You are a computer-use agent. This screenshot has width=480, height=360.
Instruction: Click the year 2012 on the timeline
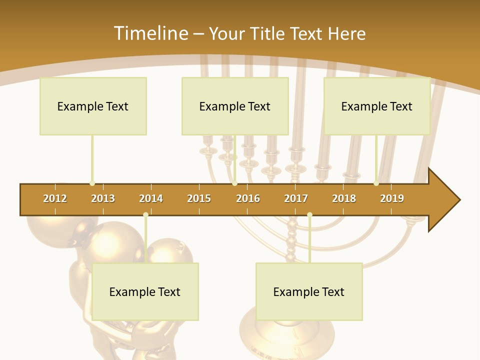tap(55, 198)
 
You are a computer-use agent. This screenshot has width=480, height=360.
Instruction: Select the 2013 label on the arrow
tap(103, 198)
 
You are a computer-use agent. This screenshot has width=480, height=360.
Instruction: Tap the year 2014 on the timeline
tap(151, 198)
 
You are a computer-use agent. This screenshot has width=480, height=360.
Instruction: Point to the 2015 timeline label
tap(199, 198)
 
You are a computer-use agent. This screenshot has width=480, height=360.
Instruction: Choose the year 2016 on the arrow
tap(248, 198)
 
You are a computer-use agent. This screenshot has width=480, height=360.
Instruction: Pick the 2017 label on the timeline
tap(296, 198)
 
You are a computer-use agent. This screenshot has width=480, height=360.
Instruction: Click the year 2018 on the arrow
tap(344, 198)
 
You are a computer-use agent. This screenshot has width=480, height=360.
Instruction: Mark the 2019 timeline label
tap(392, 198)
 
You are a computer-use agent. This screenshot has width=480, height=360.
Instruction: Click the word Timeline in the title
tap(150, 33)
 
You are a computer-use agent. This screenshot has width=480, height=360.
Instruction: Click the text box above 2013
tap(93, 106)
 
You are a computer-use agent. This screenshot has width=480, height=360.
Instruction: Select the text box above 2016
tap(235, 106)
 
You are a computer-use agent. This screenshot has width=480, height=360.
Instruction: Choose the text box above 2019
tap(377, 106)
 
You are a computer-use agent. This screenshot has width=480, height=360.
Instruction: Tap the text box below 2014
tap(145, 291)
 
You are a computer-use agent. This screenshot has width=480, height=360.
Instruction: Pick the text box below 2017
tap(309, 291)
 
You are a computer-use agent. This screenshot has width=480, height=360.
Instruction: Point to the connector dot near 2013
tap(92, 183)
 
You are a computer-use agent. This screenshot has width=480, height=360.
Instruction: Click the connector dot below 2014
tap(145, 214)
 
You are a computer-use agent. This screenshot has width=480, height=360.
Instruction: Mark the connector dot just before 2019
tap(376, 183)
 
